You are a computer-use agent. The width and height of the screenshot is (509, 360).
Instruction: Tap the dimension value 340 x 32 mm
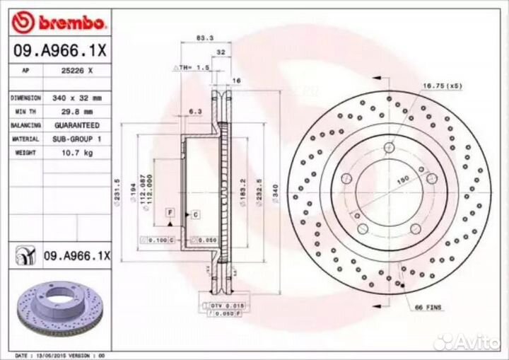(78, 98)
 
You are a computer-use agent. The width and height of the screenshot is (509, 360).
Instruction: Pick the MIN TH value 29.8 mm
(78, 111)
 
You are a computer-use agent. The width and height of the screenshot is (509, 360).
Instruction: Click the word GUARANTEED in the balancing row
(78, 124)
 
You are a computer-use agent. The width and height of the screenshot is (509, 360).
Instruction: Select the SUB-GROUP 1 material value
(78, 139)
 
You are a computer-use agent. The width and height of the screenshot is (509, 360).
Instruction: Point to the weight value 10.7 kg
(78, 152)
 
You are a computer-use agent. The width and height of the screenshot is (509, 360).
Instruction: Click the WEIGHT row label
(25, 152)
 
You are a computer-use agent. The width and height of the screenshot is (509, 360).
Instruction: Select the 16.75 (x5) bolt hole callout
(442, 86)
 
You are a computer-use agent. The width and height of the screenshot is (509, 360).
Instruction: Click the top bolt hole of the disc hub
(389, 147)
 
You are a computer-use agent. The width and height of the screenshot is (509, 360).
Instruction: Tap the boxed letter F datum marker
(170, 212)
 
